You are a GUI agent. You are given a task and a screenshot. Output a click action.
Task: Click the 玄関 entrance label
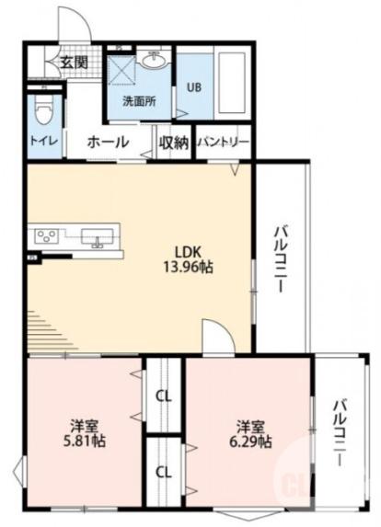(x=74, y=62)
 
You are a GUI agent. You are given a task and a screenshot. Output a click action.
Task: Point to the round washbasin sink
(x=154, y=63)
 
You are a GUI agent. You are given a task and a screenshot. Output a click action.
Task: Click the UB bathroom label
(x=194, y=88)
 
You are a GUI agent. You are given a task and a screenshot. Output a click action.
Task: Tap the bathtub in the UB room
(x=229, y=84)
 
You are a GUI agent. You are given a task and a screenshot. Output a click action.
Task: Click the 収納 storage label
(x=173, y=143)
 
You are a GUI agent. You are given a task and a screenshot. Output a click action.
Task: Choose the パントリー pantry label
(x=222, y=143)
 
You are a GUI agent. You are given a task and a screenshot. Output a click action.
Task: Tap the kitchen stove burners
(x=46, y=237)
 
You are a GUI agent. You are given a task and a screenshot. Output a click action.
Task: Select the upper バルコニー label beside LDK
(x=279, y=258)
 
